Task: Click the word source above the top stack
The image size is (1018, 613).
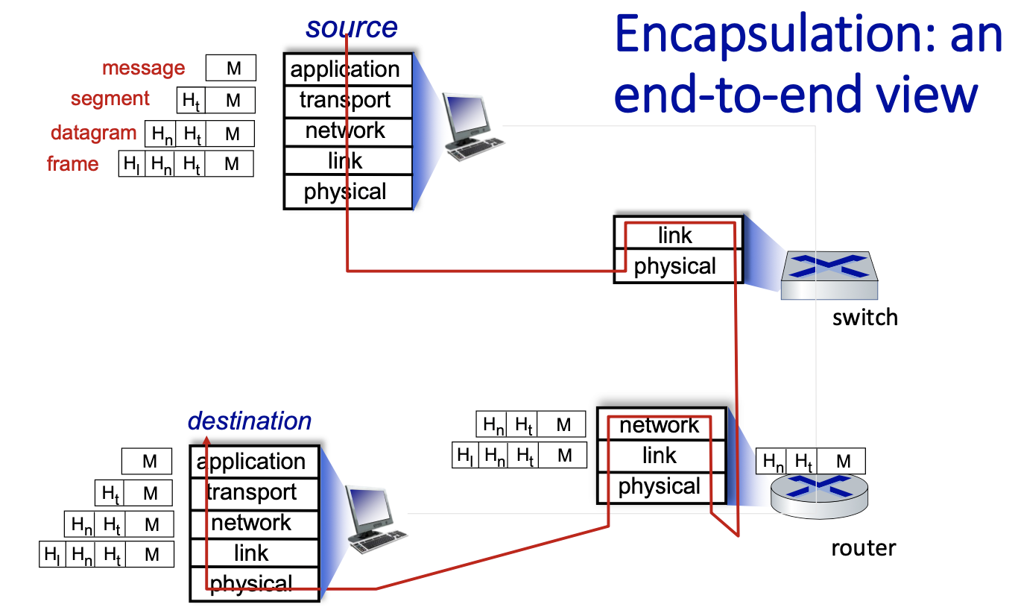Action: coord(351,28)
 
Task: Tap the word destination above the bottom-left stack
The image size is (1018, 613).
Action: coord(249,421)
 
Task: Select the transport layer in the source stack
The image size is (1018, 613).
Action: coord(347,100)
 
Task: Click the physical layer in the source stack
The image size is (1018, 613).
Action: coord(347,192)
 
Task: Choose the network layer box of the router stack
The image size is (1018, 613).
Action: coord(661,425)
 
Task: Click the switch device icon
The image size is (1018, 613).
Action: coord(829,275)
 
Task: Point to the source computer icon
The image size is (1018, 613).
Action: coord(470,126)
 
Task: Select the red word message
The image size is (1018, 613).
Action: coord(143,69)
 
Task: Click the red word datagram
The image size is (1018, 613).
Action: coord(94,133)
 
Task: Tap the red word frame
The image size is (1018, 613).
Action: coord(72,164)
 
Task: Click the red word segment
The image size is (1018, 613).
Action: coord(110,99)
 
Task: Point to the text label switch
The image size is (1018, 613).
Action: coord(864,318)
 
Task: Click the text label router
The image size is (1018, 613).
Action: coord(863,549)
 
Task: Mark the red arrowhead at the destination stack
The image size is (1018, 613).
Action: coord(206,442)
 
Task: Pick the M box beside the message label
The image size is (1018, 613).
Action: coord(232,69)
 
